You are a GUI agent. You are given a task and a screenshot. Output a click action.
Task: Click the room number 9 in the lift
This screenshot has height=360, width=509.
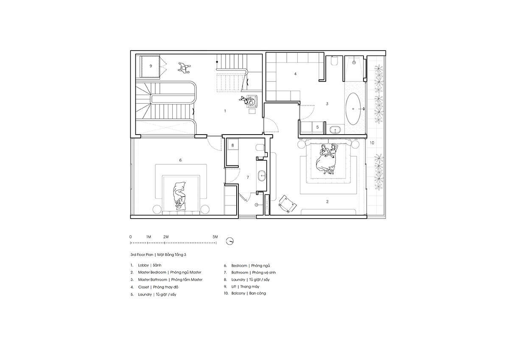pos(151,66)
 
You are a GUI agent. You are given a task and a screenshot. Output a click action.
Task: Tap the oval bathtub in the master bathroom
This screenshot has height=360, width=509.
pos(353,109)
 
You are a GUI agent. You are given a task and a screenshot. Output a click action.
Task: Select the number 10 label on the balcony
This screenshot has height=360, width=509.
pos(372,143)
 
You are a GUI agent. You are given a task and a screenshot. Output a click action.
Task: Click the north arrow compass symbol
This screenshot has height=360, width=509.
pos(230,241)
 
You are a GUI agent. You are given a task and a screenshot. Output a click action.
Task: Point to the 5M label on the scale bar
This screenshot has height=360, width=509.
pos(215,237)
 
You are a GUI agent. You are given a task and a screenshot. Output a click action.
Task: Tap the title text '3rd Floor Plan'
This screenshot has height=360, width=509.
pos(142,255)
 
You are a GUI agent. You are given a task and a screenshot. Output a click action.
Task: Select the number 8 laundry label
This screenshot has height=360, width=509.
pos(232,145)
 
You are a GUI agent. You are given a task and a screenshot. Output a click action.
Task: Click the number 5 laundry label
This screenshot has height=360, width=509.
pos(317,127)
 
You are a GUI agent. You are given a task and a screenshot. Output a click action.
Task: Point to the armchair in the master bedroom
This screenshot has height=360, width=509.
pos(288,204)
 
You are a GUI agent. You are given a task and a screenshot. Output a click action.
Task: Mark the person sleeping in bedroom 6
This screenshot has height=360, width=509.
pos(179,196)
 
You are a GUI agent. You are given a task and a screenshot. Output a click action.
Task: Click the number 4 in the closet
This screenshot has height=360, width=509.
pos(295,74)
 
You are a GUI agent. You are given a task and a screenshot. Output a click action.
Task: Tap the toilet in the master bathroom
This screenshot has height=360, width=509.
pos(334,61)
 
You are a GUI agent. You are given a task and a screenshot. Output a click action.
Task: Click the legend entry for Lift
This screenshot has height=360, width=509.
pos(241,287)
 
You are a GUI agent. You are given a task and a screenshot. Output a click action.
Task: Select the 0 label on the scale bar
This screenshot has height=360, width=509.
pos(131,237)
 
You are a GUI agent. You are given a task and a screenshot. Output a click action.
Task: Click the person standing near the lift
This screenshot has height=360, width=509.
pos(184,67)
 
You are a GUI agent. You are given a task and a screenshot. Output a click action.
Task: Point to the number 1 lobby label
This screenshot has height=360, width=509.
pos(225,111)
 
